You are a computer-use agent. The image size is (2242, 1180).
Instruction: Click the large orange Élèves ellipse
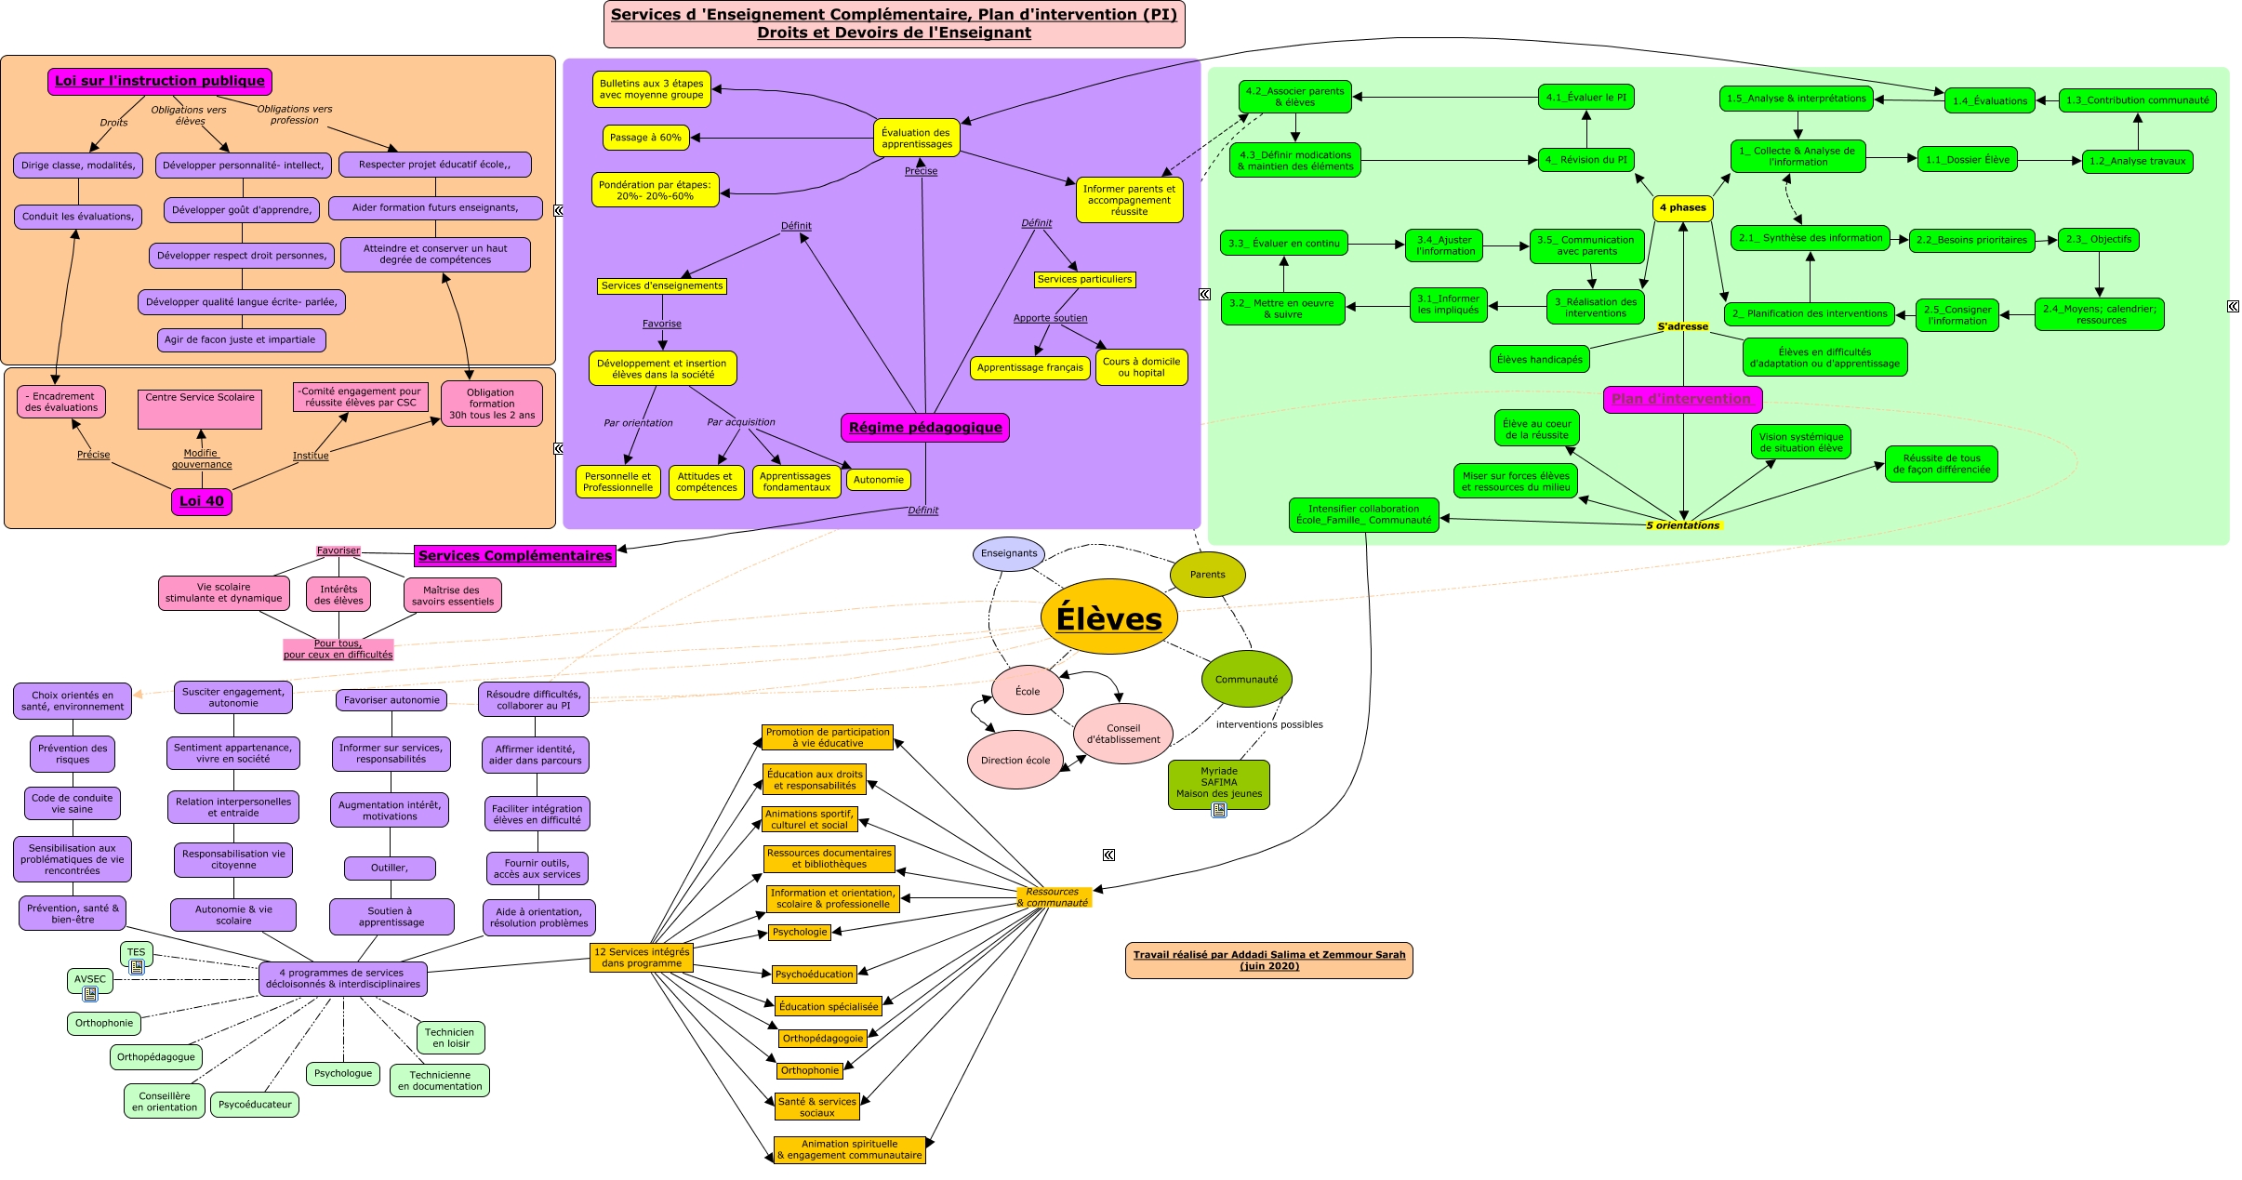click(1108, 617)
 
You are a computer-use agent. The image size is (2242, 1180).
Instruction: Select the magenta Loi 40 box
click(202, 501)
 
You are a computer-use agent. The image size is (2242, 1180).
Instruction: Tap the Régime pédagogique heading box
click(925, 428)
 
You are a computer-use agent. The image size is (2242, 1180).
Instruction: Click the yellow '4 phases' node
click(1682, 207)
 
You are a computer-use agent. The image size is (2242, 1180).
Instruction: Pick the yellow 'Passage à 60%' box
click(645, 138)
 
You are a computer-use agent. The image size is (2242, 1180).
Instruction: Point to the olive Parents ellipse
click(1207, 575)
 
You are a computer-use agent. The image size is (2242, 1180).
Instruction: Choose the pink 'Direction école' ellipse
click(1015, 760)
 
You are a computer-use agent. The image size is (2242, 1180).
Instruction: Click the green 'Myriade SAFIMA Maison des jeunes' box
click(1218, 782)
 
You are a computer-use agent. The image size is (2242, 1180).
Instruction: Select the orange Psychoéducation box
click(815, 974)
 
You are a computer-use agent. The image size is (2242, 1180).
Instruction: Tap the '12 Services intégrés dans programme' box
click(642, 958)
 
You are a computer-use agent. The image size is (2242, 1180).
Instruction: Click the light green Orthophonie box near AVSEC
click(104, 1023)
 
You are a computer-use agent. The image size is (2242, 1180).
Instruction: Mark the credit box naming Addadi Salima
click(1268, 960)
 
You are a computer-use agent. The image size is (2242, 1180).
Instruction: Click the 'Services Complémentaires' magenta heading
click(515, 556)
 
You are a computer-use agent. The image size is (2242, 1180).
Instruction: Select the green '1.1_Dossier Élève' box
click(1967, 160)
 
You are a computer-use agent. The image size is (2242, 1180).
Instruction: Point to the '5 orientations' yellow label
click(1682, 525)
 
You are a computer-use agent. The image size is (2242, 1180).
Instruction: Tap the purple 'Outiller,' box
click(390, 868)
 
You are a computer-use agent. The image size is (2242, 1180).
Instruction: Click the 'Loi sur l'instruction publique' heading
click(160, 81)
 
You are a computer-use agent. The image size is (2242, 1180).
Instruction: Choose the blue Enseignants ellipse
click(1008, 553)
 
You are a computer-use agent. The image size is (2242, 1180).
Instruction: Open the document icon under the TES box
click(137, 967)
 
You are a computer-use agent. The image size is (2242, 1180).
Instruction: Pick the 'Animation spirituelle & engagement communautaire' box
click(849, 1150)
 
